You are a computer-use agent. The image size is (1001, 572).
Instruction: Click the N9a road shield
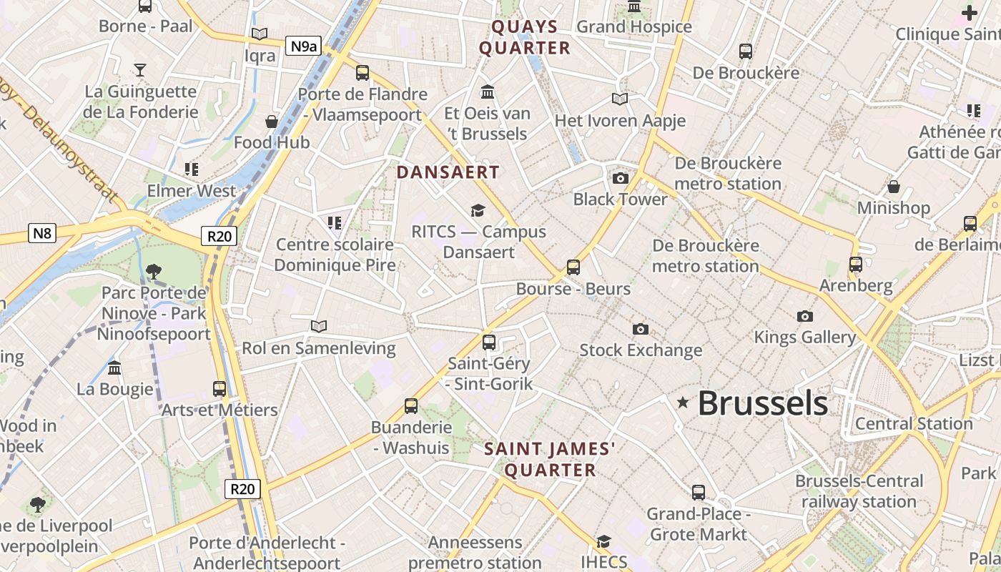(x=303, y=46)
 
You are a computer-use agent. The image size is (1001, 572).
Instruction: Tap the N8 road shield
(x=42, y=233)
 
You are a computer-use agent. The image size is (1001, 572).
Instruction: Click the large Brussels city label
(x=763, y=403)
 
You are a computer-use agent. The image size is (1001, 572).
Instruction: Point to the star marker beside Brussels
(x=683, y=403)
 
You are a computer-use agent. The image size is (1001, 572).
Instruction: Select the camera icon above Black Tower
(x=620, y=178)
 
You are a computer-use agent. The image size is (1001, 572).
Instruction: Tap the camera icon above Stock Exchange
(x=641, y=329)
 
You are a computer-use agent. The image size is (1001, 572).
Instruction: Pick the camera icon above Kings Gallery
(x=805, y=316)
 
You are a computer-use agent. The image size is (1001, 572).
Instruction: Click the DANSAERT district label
(x=448, y=172)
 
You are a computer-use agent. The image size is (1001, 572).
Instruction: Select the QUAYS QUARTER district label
(x=525, y=37)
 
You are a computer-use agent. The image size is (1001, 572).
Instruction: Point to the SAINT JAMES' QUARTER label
(x=550, y=459)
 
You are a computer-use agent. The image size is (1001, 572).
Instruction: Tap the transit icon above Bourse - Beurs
(x=573, y=267)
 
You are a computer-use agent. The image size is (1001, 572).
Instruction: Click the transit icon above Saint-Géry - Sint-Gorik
(x=489, y=342)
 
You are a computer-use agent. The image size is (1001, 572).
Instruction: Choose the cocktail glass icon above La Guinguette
(x=140, y=69)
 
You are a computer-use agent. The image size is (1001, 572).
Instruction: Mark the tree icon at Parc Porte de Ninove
(x=153, y=271)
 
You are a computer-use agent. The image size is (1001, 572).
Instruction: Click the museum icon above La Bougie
(x=114, y=368)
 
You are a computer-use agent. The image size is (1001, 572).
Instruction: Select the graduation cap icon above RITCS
(x=478, y=210)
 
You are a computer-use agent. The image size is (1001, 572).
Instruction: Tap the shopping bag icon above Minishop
(x=894, y=187)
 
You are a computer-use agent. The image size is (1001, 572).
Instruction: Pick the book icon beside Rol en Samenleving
(x=319, y=326)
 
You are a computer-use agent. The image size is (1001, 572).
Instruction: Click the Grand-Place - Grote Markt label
(x=698, y=524)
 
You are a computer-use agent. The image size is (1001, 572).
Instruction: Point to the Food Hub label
(x=272, y=142)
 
